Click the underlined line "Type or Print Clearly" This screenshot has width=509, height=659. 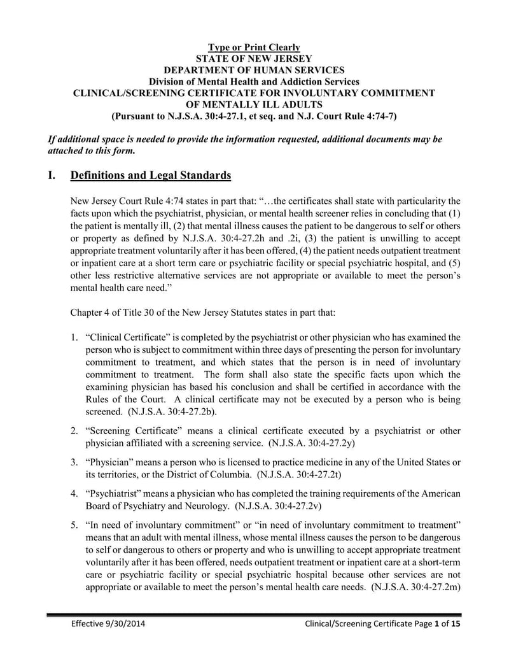click(254, 48)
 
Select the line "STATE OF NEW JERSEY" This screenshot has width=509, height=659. click(254, 59)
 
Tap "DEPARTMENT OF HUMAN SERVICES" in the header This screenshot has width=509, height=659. click(254, 70)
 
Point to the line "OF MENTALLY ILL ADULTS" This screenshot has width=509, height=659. click(254, 104)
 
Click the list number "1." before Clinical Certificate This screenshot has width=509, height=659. click(74, 336)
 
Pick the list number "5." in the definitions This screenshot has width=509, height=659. click(74, 524)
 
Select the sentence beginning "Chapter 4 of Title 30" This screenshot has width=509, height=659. click(199, 313)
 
